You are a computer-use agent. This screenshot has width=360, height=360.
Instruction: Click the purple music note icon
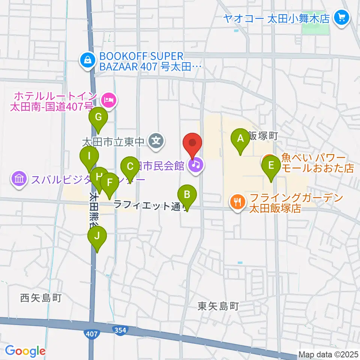pyautogui.click(x=195, y=164)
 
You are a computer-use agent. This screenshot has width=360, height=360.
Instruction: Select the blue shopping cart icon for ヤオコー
pyautogui.click(x=341, y=17)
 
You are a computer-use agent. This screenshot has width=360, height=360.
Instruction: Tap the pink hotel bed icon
pyautogui.click(x=108, y=100)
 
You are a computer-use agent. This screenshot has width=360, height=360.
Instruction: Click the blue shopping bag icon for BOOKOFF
pyautogui.click(x=87, y=59)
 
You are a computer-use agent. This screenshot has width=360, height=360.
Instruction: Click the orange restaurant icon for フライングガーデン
pyautogui.click(x=237, y=202)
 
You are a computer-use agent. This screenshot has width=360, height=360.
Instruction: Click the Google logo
pyautogui.click(x=25, y=351)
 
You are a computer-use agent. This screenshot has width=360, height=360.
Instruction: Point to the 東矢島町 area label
pyautogui.click(x=218, y=306)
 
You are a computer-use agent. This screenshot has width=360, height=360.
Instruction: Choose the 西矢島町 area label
pyautogui.click(x=40, y=298)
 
